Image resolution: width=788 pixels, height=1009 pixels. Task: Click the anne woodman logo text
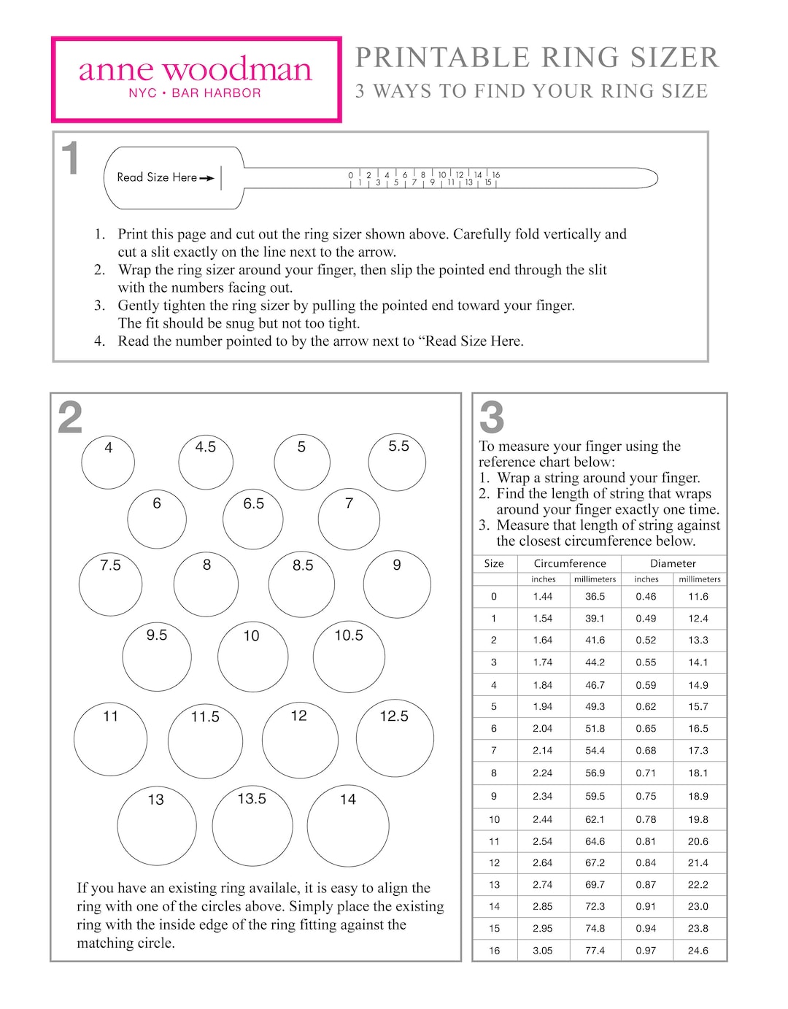(x=195, y=70)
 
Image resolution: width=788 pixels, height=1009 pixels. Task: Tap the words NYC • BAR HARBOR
(x=195, y=93)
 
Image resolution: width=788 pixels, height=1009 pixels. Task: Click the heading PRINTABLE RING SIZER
(x=537, y=58)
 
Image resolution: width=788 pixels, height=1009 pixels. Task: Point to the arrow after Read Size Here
(x=207, y=178)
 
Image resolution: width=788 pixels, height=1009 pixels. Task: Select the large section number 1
(x=70, y=159)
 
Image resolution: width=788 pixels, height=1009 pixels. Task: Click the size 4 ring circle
(x=108, y=462)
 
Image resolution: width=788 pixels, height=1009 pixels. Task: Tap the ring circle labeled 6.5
(x=252, y=519)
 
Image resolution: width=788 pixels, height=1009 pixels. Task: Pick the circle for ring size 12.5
(x=395, y=738)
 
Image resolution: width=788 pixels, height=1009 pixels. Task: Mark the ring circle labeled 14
(x=348, y=827)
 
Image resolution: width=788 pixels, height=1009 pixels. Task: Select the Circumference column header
(x=570, y=563)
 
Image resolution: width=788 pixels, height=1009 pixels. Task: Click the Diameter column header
(x=673, y=563)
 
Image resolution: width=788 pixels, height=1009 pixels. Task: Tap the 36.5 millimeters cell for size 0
(x=595, y=596)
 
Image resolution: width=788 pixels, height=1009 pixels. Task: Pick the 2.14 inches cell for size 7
(x=542, y=750)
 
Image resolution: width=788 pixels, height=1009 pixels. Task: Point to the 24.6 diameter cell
(x=698, y=951)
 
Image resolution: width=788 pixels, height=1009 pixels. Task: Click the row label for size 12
(x=494, y=862)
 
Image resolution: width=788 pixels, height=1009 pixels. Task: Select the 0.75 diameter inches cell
(x=646, y=796)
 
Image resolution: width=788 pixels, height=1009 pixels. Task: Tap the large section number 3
(x=492, y=418)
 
